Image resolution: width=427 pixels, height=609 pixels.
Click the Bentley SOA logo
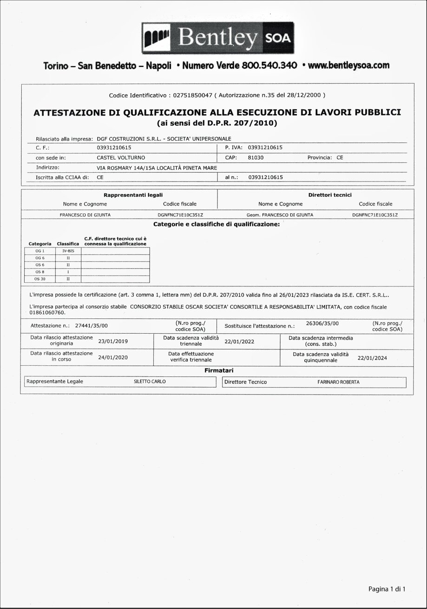click(218, 39)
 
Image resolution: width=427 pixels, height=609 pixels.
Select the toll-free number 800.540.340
click(269, 65)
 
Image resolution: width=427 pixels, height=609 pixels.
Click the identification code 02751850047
click(192, 95)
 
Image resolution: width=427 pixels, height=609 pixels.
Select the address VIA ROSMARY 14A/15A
click(125, 168)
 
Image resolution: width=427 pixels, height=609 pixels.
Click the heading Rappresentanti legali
click(133, 195)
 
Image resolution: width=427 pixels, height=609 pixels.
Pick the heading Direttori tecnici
click(330, 195)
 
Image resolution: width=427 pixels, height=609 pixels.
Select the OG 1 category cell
click(40, 251)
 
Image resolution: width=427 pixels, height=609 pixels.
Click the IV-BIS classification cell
click(68, 251)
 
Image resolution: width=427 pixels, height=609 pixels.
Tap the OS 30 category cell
click(40, 279)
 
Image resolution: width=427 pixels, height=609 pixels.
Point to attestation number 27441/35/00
click(91, 326)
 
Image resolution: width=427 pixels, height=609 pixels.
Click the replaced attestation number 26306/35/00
click(322, 323)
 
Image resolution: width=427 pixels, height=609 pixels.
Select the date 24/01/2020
click(113, 357)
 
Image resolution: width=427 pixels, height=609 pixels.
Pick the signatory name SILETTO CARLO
click(150, 382)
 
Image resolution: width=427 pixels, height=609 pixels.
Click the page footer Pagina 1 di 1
click(387, 589)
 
